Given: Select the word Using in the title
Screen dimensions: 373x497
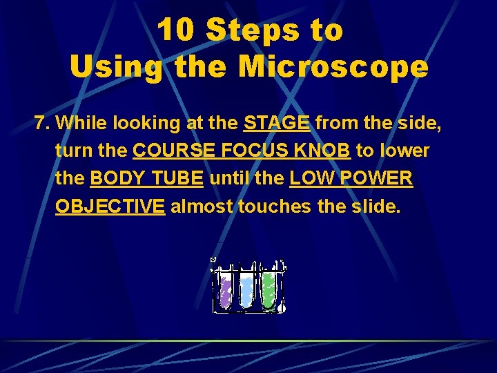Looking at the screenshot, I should [116, 67].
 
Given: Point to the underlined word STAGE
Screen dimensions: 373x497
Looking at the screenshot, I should [277, 124].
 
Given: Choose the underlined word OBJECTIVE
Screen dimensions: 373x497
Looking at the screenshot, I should [110, 207].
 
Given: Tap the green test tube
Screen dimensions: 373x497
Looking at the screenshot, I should [268, 289].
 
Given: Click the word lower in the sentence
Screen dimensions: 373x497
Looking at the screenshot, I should [403, 151].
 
